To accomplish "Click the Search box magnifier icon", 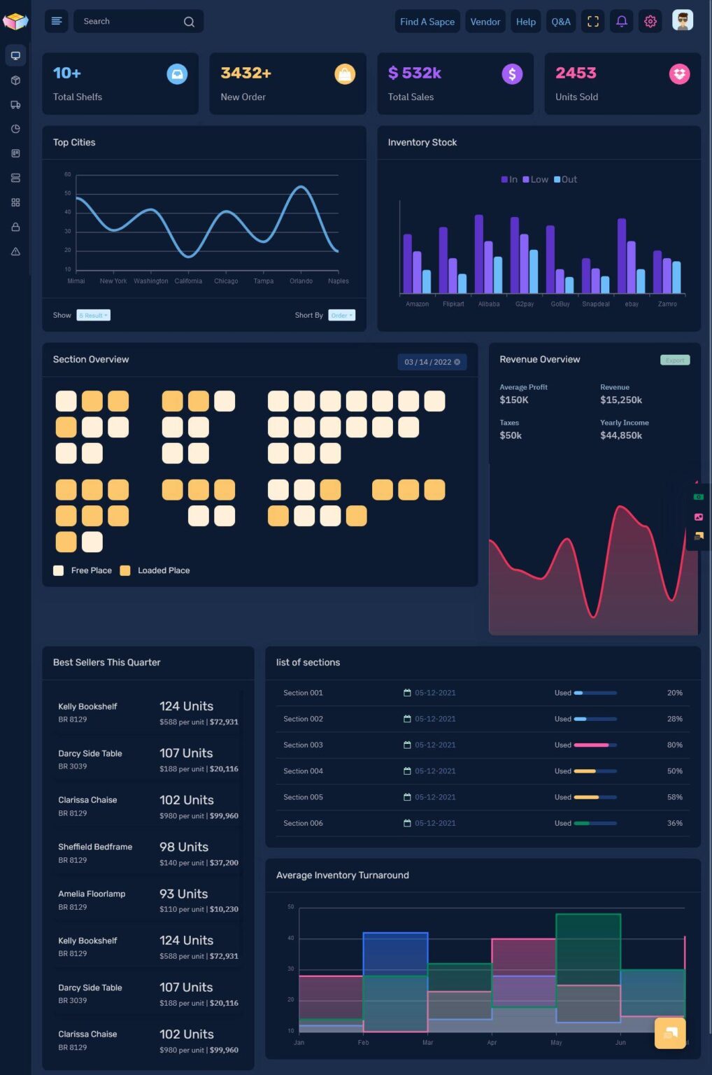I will [189, 22].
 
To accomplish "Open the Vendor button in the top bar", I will [485, 22].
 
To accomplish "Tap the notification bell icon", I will [621, 22].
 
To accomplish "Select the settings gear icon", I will [650, 22].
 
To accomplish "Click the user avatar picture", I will [682, 21].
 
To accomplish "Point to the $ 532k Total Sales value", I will [415, 73].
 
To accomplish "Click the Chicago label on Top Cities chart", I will [226, 281].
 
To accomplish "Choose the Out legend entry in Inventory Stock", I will [566, 180].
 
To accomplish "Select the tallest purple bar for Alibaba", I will [479, 253].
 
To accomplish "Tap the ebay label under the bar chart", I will [632, 304].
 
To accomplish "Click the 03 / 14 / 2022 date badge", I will [432, 362].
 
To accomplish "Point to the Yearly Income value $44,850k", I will [621, 435].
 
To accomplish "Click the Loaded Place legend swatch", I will [125, 570].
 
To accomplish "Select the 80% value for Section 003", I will [674, 745].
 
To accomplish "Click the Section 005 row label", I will [303, 797].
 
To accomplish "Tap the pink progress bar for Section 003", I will [592, 745].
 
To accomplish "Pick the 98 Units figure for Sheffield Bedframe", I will [184, 847].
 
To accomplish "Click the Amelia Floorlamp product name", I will [92, 894].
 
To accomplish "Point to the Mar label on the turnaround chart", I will [427, 1043].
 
